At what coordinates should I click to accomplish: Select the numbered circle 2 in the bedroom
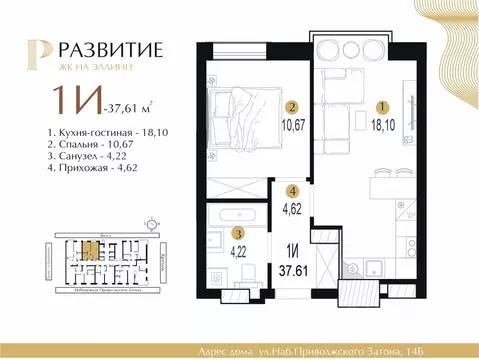pos(291,108)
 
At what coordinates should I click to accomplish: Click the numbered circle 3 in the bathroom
pos(236,231)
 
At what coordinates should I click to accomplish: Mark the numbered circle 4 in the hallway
pos(291,191)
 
